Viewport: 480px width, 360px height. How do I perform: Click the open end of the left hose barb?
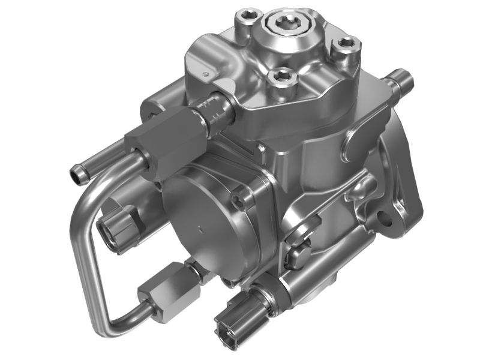75,175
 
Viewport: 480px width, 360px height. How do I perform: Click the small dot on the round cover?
199,227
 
